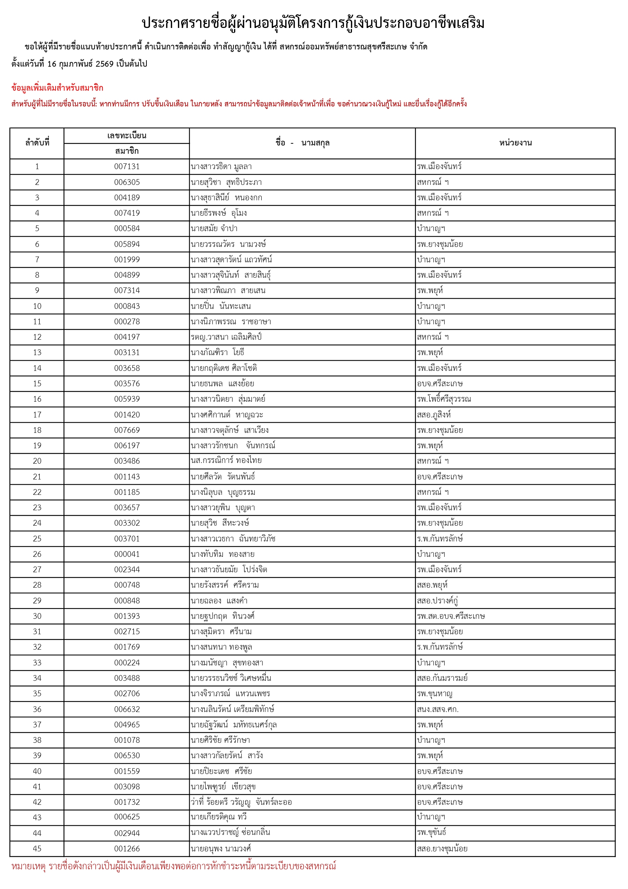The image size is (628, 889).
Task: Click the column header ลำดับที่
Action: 37,143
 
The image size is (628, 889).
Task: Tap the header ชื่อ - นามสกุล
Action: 302,143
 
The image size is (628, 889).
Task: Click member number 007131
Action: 126,167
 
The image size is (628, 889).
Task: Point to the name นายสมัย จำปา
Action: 214,229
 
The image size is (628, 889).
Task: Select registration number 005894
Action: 126,244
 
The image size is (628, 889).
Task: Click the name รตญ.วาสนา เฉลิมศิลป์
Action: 226,337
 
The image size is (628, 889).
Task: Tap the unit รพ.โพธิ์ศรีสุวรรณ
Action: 444,399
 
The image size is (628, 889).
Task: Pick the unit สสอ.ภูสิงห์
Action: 434,415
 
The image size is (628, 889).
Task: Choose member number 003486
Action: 126,461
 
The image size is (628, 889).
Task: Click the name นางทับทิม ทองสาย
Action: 222,554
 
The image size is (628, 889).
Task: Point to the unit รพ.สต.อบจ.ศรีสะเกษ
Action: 451,616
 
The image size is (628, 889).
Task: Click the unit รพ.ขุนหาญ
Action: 435,693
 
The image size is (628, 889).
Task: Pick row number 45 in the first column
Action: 37,849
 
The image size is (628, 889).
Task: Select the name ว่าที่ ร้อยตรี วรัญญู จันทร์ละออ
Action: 241,802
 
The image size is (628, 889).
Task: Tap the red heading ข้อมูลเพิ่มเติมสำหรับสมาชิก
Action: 57,88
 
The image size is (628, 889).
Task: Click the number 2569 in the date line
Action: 105,64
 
